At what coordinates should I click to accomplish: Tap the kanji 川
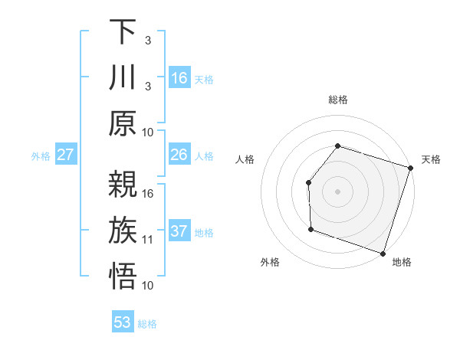[x=123, y=78]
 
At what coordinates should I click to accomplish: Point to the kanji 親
[x=123, y=185]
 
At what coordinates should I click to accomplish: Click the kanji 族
[x=123, y=231]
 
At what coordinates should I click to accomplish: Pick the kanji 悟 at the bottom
[x=123, y=277]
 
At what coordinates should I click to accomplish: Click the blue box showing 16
[x=179, y=78]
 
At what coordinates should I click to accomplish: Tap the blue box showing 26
[x=179, y=155]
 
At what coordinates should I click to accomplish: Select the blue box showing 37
[x=179, y=231]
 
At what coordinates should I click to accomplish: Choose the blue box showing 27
[x=66, y=155]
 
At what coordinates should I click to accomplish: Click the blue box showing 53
[x=123, y=322]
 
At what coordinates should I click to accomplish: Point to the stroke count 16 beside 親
[x=148, y=194]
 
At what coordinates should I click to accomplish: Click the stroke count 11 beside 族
[x=148, y=240]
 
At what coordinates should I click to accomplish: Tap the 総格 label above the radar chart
[x=338, y=100]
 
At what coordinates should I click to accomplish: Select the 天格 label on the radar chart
[x=431, y=159]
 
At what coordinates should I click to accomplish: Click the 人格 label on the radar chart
[x=245, y=159]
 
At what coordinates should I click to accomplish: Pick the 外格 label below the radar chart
[x=270, y=262]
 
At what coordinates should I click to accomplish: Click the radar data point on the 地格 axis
[x=383, y=253]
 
